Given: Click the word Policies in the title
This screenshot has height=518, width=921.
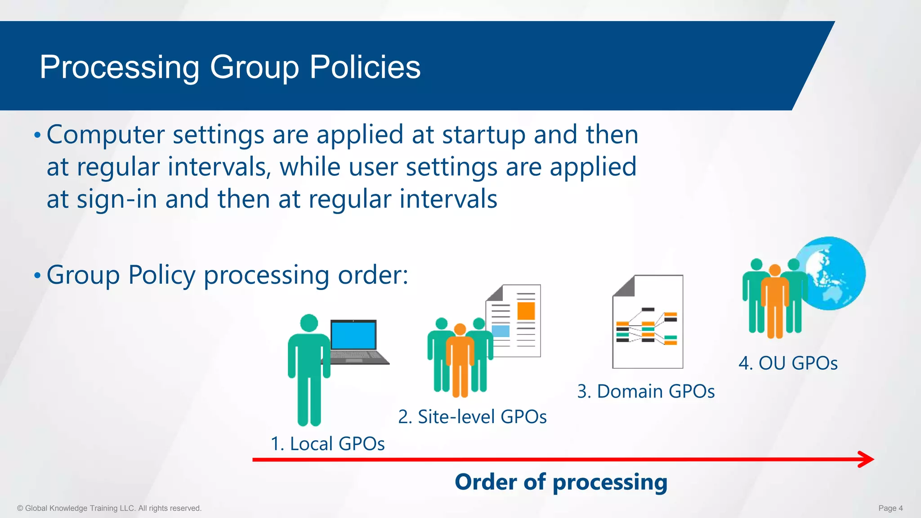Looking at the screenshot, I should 365,67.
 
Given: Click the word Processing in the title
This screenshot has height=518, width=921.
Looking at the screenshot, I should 119,67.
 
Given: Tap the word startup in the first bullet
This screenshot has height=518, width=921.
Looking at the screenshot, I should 483,134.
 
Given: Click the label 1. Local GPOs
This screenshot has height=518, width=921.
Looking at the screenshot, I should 327,444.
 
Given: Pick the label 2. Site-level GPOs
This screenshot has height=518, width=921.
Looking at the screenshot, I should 472,417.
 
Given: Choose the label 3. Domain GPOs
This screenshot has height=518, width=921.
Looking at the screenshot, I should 646,391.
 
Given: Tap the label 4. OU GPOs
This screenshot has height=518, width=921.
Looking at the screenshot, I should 788,363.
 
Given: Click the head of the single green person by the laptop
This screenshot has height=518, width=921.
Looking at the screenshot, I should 309,323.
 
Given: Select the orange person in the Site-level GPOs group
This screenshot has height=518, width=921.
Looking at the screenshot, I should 460,360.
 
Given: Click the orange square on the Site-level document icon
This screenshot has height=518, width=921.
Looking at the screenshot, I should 526,311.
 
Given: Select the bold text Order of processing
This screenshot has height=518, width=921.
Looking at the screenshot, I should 561,482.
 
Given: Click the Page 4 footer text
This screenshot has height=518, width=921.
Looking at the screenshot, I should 890,508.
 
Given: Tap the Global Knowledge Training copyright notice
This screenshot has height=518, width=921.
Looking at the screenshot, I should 109,508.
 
